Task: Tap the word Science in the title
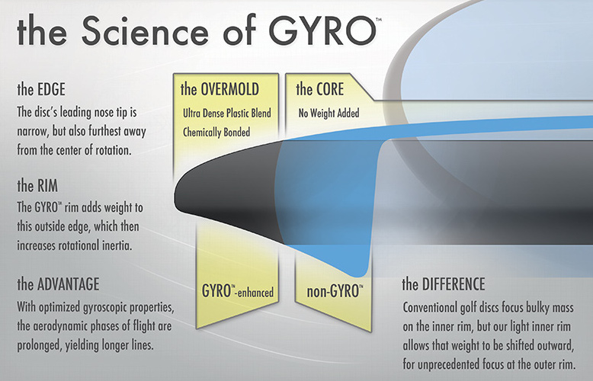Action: tap(145, 30)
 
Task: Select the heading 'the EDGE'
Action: tap(41, 90)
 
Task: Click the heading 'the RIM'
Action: tap(37, 186)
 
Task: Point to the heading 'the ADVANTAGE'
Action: tap(58, 284)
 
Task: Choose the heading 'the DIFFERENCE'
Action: tap(444, 284)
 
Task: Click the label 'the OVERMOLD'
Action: tap(220, 89)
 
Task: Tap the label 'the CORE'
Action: tap(320, 89)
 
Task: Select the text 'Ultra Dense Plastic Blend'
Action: tap(227, 113)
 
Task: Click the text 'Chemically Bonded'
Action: tap(216, 133)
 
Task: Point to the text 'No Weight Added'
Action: tap(329, 113)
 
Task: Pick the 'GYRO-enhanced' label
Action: tap(238, 291)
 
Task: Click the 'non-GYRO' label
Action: tap(335, 291)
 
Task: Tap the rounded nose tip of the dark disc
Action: tap(175, 197)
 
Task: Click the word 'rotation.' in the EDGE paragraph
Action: tap(112, 150)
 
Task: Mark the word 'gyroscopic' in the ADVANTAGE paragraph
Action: tap(104, 307)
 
